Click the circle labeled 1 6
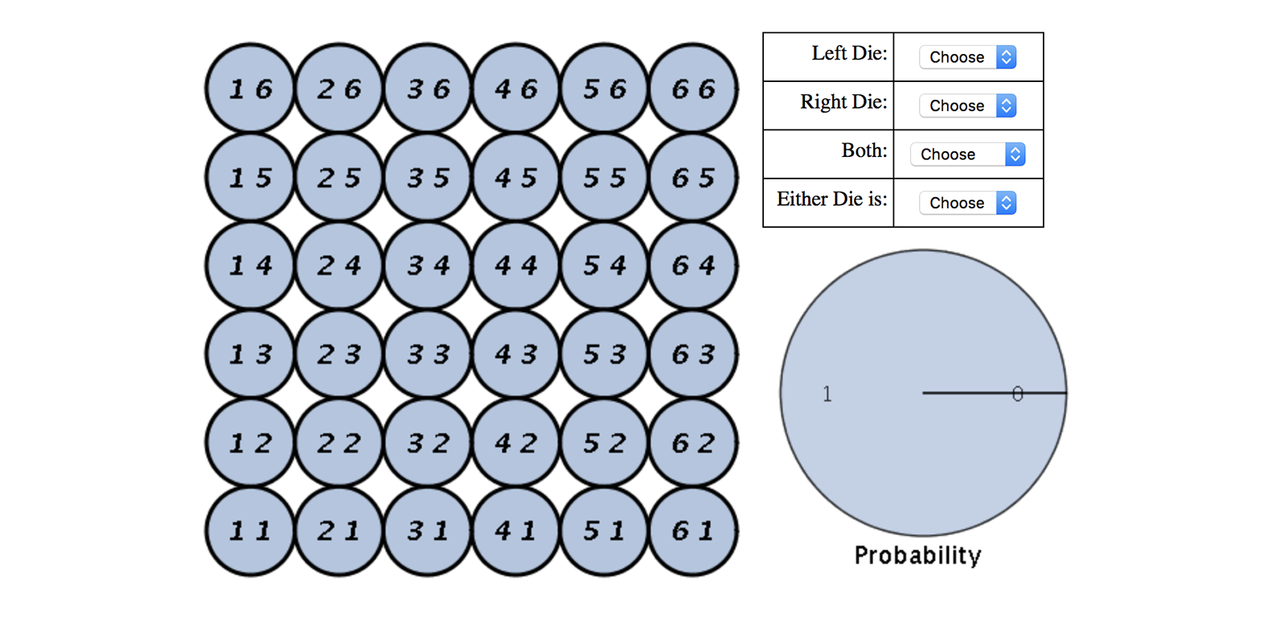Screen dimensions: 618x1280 coord(251,89)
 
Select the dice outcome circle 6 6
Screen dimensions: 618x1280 coord(693,89)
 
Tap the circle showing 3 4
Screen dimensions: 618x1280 coord(428,266)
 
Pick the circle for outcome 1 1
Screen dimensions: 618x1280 coord(251,531)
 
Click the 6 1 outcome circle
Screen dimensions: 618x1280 coord(693,531)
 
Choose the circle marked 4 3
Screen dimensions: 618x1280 coord(516,354)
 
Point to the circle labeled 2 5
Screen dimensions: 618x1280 coord(339,177)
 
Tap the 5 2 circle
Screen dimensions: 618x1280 coord(605,443)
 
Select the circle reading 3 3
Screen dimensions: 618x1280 coord(428,354)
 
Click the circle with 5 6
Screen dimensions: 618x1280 coord(605,89)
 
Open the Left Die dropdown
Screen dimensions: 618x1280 coord(968,57)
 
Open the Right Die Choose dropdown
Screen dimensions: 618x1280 coord(968,105)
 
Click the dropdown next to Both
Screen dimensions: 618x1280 coord(968,154)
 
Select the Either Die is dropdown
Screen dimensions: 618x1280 coord(968,203)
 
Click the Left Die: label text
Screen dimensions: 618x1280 coord(849,54)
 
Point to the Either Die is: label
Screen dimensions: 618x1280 coord(831,200)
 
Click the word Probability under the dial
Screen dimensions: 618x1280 coord(917,555)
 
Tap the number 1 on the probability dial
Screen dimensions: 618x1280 coord(827,394)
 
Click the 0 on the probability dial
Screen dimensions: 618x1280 coord(1018,393)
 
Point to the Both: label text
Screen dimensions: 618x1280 coord(864,151)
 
